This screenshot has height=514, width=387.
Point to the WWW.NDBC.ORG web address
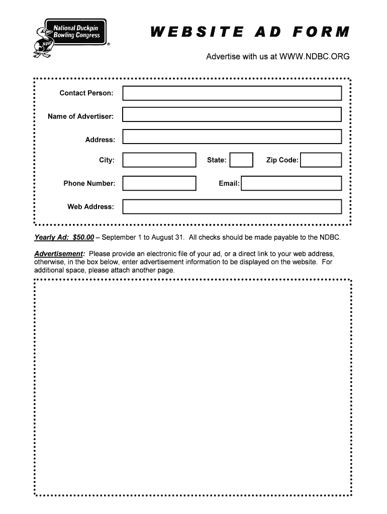pos(314,57)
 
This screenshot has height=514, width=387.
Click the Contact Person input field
pos(232,93)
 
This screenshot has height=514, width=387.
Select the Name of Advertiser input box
pos(232,115)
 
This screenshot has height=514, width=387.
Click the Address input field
pos(232,137)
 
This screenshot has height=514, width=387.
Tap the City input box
pos(159,160)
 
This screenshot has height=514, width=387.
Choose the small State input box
pos(241,160)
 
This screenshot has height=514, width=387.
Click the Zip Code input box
pos(321,160)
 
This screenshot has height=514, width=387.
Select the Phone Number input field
pos(159,183)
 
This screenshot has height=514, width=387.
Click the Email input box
pos(292,183)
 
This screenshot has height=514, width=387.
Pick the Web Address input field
pos(232,207)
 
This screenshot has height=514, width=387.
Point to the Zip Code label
pos(282,160)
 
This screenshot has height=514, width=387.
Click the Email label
pos(229,183)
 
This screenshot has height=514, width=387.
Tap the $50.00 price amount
pos(83,237)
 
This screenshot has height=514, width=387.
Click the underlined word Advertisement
pos(59,253)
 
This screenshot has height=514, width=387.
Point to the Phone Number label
pos(89,183)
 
